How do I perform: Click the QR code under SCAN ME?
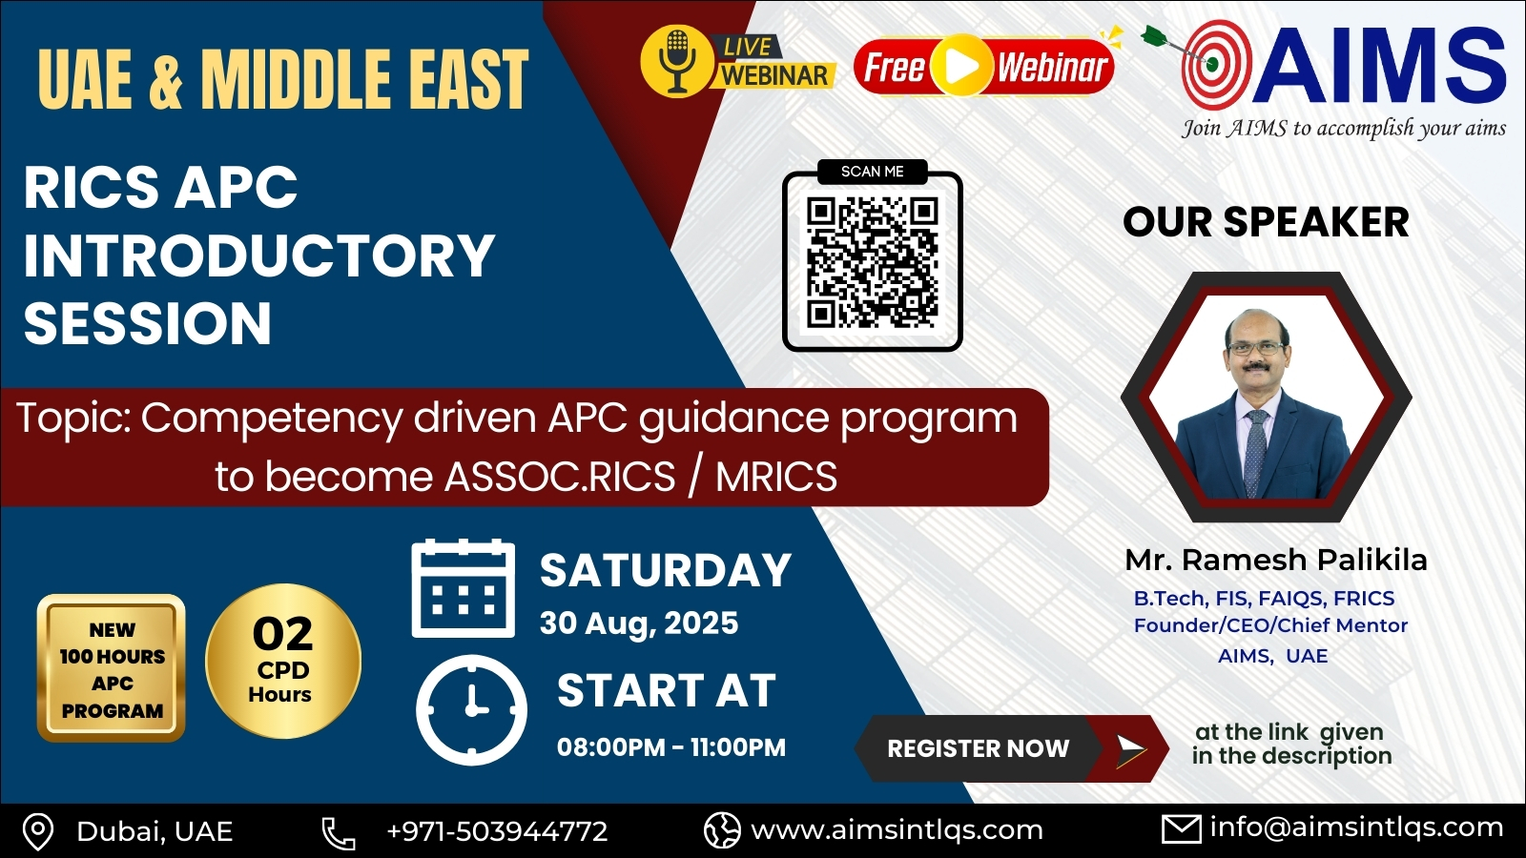[872, 262]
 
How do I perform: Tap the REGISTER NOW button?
[1012, 748]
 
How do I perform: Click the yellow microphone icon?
[676, 61]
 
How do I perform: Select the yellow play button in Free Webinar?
[961, 66]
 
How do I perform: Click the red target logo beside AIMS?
[1216, 65]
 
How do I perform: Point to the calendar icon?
[464, 588]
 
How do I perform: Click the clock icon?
[471, 710]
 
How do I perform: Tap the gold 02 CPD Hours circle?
[283, 661]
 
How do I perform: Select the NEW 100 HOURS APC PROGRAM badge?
[111, 668]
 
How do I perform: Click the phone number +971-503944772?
[497, 831]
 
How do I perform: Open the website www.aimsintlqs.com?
[897, 830]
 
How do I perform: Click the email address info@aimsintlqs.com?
[1356, 828]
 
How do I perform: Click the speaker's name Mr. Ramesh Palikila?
[1276, 560]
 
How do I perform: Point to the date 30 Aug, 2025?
[639, 623]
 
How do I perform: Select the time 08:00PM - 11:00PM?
[671, 747]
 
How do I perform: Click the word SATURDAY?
[666, 570]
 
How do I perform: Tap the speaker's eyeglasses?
[1255, 347]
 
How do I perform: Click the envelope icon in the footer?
[1182, 830]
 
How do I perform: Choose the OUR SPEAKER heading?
[1266, 222]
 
